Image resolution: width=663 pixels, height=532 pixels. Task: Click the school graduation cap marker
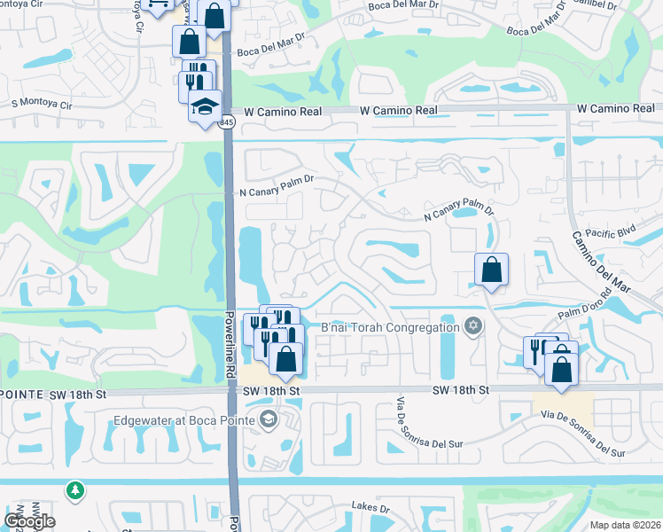pyautogui.click(x=205, y=107)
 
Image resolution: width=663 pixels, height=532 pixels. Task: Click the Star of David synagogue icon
pyautogui.click(x=473, y=326)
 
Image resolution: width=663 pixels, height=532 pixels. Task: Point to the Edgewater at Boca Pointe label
pyautogui.click(x=183, y=420)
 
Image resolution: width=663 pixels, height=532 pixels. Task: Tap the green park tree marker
pyautogui.click(x=75, y=489)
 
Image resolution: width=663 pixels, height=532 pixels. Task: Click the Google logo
pyautogui.click(x=29, y=520)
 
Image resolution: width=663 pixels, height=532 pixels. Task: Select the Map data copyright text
pyautogui.click(x=625, y=525)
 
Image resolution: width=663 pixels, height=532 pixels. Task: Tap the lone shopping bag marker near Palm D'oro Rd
pyautogui.click(x=491, y=270)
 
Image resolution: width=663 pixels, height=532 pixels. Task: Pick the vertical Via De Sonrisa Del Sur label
pyautogui.click(x=402, y=429)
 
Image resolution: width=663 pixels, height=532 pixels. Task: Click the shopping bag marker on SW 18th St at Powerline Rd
pyautogui.click(x=285, y=359)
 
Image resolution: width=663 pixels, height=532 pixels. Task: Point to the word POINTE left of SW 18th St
pyautogui.click(x=19, y=391)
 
